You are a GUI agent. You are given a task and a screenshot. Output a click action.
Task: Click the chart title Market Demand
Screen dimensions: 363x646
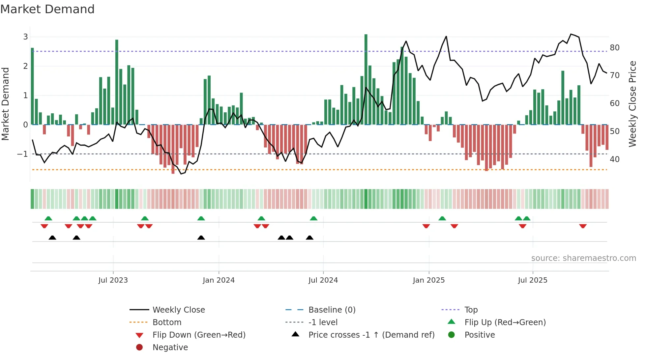pyautogui.click(x=47, y=9)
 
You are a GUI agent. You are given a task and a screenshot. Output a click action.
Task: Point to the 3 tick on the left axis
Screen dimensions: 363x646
pyautogui.click(x=25, y=37)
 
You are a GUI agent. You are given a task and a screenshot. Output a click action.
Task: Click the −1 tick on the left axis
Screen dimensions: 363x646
pyautogui.click(x=22, y=154)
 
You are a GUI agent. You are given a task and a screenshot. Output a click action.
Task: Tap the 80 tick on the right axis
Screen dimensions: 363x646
pyautogui.click(x=614, y=47)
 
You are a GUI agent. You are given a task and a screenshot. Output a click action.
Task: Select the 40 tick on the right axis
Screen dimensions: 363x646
pyautogui.click(x=614, y=159)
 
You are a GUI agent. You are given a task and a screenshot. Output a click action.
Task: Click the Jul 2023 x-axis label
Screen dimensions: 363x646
pyautogui.click(x=113, y=280)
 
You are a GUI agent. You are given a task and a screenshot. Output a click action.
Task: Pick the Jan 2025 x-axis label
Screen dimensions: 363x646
pyautogui.click(x=428, y=280)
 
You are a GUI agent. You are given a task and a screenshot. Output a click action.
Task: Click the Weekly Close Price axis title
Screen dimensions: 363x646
pyautogui.click(x=632, y=104)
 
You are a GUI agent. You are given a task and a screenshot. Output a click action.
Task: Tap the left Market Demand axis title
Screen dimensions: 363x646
pyautogui.click(x=5, y=104)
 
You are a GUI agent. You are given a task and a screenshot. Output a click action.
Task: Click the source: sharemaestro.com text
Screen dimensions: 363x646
pyautogui.click(x=583, y=258)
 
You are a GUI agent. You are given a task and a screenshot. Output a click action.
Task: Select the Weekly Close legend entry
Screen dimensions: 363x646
pyautogui.click(x=178, y=310)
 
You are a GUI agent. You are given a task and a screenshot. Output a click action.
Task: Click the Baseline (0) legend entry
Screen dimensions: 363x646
pyautogui.click(x=332, y=310)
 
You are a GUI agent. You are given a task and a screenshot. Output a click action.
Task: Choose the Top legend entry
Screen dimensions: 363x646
pyautogui.click(x=471, y=310)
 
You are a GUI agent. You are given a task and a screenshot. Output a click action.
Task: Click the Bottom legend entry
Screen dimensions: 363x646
pyautogui.click(x=167, y=322)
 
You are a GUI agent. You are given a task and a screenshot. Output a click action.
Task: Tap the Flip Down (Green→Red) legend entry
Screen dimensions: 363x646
pyautogui.click(x=199, y=335)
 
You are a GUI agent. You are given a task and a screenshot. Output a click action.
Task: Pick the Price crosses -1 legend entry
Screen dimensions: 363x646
pyautogui.click(x=371, y=335)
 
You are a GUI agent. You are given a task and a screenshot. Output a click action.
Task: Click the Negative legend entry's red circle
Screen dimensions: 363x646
pyautogui.click(x=139, y=347)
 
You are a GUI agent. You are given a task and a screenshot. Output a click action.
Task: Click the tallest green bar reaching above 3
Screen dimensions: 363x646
pyautogui.click(x=366, y=79)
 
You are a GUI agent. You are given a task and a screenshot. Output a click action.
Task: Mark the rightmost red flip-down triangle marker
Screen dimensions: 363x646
pyautogui.click(x=583, y=226)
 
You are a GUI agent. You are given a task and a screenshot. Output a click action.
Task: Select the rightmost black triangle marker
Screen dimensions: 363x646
pyautogui.click(x=309, y=237)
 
